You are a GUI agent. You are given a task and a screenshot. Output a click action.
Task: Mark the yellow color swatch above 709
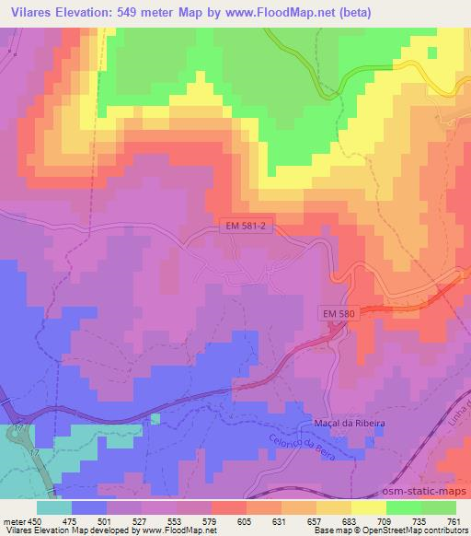(368, 507)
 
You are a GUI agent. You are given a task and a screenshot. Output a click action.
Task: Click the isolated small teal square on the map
(155, 419)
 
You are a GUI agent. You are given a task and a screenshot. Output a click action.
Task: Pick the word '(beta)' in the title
(366, 11)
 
